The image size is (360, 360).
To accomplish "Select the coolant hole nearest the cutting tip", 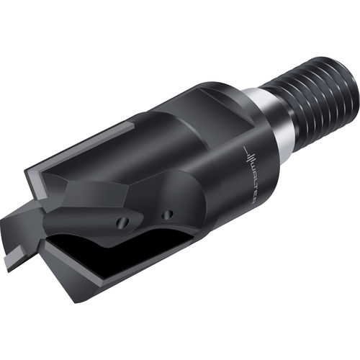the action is (x=123, y=222).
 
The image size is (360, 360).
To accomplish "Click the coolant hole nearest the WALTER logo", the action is (x=167, y=215).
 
